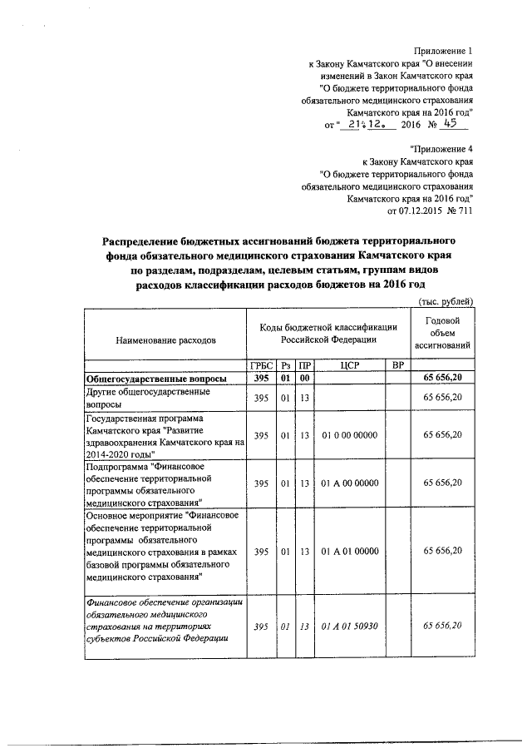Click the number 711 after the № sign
[x=465, y=211]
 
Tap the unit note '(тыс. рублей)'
[x=446, y=300]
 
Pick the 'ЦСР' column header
[x=349, y=365]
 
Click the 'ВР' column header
[x=397, y=365]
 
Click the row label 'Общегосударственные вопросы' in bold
[x=146, y=379]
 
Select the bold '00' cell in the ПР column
[x=304, y=379]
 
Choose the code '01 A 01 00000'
[x=349, y=551]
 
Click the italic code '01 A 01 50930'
[x=349, y=626]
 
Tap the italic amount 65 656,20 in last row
[x=442, y=626]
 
